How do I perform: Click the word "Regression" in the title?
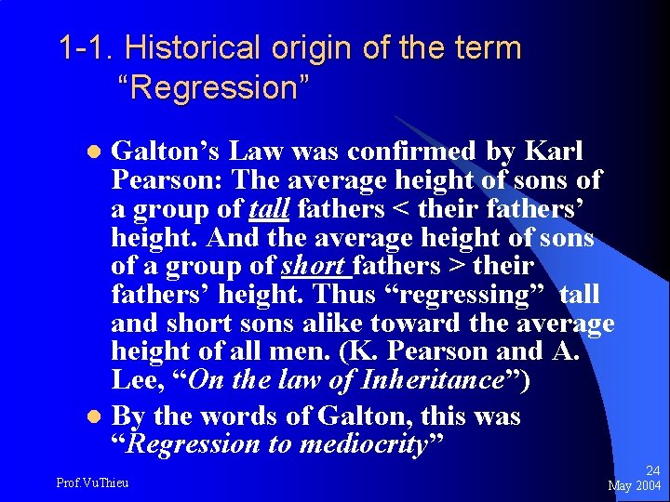[213, 89]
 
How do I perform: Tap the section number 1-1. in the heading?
[87, 47]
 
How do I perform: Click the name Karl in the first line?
[556, 150]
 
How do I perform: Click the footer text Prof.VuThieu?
[93, 482]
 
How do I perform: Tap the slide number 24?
[652, 472]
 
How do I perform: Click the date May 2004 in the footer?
[634, 486]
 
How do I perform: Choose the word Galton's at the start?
[164, 150]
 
